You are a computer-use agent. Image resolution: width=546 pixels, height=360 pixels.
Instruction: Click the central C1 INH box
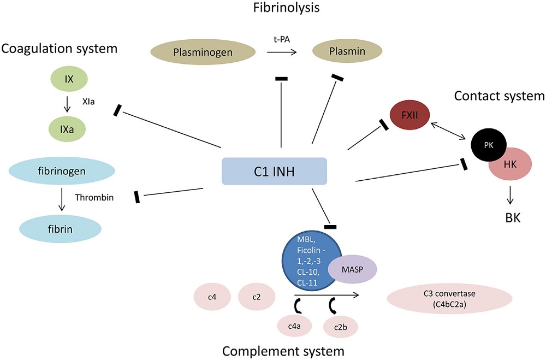(274, 171)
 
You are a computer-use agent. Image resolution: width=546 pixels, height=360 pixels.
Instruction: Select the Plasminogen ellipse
(203, 54)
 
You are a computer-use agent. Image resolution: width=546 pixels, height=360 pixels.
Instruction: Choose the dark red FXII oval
(408, 116)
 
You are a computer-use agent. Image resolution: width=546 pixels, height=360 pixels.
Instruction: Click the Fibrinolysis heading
(282, 8)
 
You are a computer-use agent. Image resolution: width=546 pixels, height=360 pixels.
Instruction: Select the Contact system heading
(499, 96)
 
